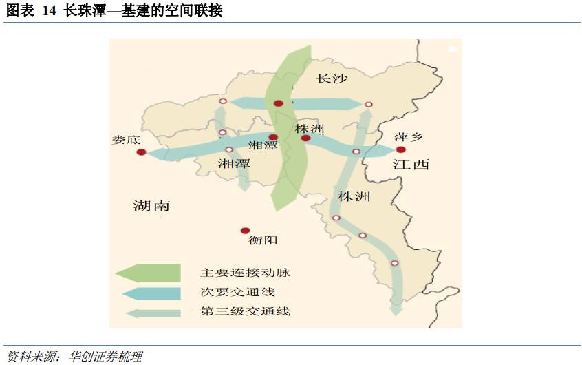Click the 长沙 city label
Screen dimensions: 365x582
[x=332, y=79]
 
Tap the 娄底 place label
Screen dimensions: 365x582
[x=126, y=139]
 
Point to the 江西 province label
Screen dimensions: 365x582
[x=411, y=164]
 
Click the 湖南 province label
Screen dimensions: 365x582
[x=151, y=205]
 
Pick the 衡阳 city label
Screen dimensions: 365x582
[x=263, y=241]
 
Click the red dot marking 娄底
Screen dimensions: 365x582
[x=141, y=152]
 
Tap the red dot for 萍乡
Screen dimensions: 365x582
[x=400, y=149]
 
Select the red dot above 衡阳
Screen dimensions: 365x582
[x=244, y=231]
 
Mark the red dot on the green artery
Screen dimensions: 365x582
[x=278, y=103]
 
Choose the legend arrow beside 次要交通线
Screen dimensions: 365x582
[x=151, y=293]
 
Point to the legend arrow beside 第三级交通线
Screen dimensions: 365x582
[x=153, y=312]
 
